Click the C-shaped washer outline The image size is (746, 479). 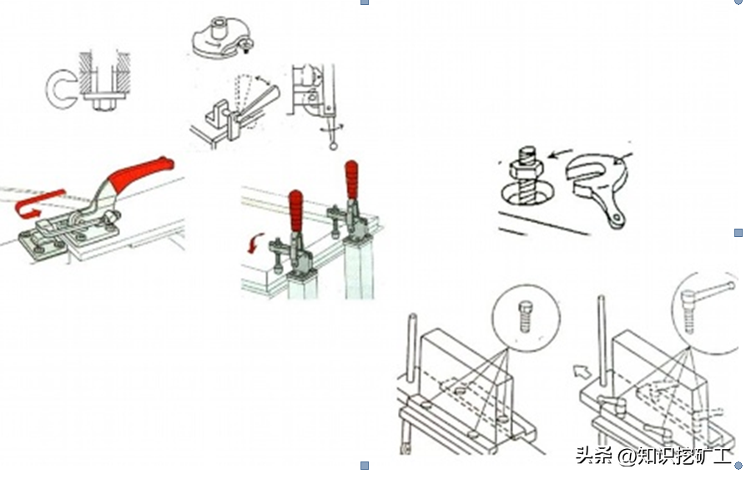click(59, 90)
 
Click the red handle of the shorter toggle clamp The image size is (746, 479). click(295, 210)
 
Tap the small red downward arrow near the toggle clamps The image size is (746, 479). click(255, 244)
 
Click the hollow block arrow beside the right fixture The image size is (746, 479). click(582, 371)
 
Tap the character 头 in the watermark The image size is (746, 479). click(584, 455)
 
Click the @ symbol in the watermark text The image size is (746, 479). click(626, 456)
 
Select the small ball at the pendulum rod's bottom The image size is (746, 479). click(333, 145)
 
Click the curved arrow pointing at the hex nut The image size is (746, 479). click(562, 153)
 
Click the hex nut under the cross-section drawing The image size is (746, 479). click(103, 105)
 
